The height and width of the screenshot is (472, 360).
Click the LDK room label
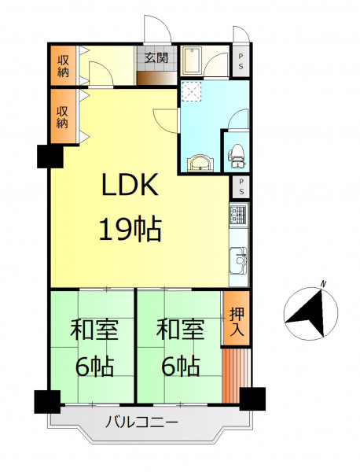(x=130, y=185)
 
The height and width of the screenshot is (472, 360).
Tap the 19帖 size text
(x=130, y=230)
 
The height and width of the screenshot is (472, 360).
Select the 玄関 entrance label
(x=156, y=57)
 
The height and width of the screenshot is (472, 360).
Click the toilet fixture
(x=237, y=156)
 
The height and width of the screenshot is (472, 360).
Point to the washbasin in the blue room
(x=200, y=163)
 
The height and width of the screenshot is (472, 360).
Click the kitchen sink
(x=238, y=260)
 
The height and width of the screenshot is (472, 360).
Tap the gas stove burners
(x=238, y=214)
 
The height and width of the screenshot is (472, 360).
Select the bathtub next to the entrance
(x=192, y=61)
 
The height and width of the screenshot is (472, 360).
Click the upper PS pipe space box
(x=241, y=61)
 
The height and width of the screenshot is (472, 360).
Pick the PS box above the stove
(x=241, y=186)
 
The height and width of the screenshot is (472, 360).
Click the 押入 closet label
(x=237, y=322)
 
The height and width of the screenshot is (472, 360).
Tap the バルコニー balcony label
(x=141, y=422)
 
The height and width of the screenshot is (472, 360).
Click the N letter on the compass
(x=324, y=283)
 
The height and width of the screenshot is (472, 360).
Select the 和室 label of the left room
(x=94, y=330)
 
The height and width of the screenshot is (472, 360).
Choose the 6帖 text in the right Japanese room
(x=181, y=366)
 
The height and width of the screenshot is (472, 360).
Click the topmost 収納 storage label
(x=63, y=66)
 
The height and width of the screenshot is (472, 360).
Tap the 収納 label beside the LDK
(x=62, y=118)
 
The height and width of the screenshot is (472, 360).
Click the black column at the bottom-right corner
(x=252, y=399)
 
